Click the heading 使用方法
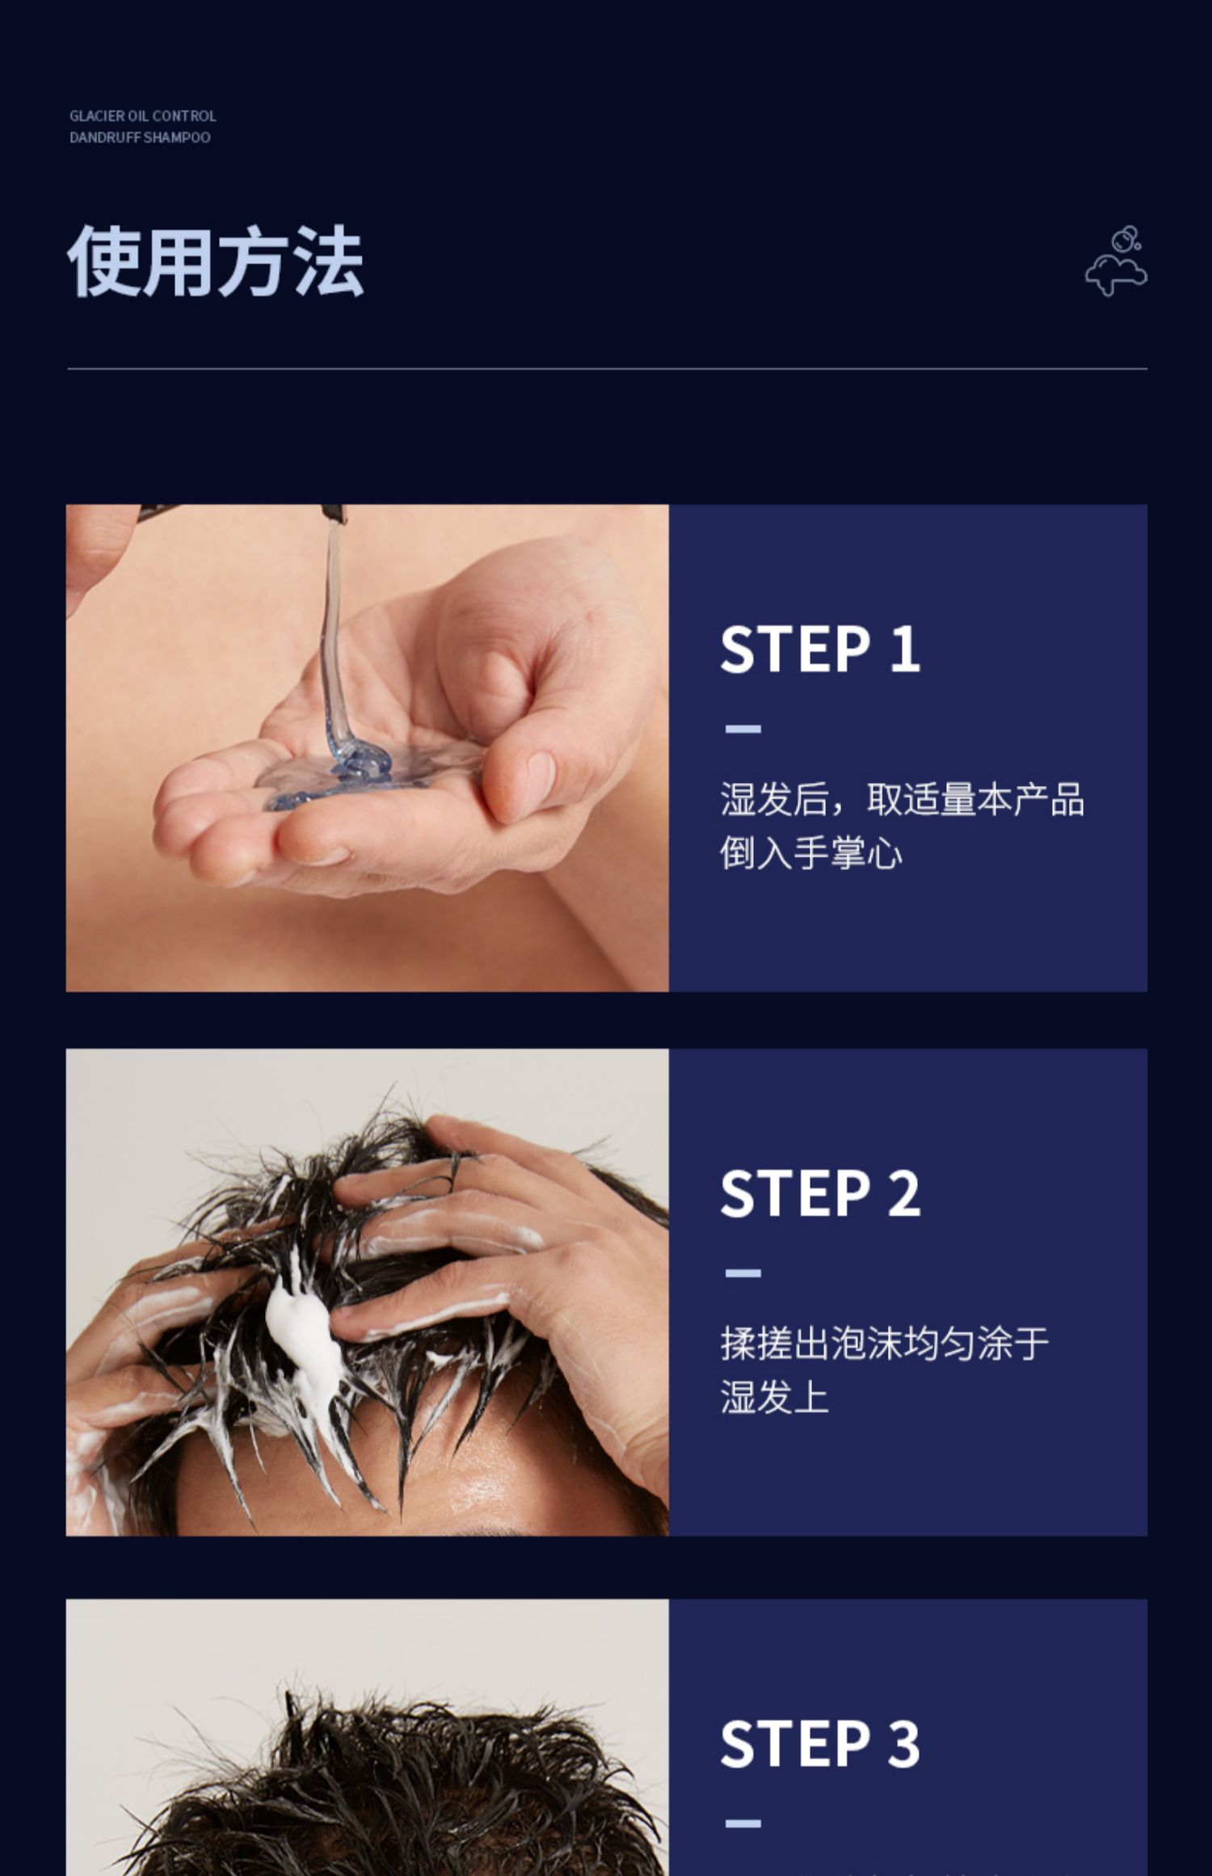point(216,261)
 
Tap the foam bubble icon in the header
point(1116,261)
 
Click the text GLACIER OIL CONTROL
point(143,116)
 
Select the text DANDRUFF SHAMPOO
point(140,137)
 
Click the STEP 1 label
point(820,649)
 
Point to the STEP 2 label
point(820,1193)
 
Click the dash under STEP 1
point(743,729)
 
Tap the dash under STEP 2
point(743,1273)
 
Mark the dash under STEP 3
point(743,1823)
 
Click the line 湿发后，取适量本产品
point(903,799)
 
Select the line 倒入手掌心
point(811,853)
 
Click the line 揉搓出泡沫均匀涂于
point(885,1344)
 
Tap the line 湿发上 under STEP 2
point(775,1398)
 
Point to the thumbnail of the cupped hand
point(368,748)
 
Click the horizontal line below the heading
point(607,369)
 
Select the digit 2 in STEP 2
point(904,1193)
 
